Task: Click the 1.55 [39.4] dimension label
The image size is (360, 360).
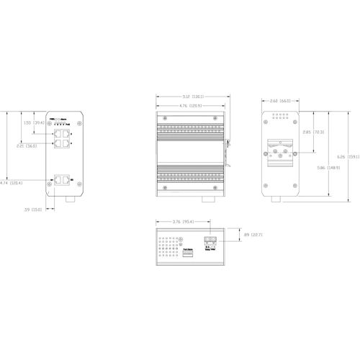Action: point(35,122)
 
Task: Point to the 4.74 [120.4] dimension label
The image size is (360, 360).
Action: point(11,183)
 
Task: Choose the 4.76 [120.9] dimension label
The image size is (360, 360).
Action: point(192,107)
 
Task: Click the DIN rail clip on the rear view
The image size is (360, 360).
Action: point(279,152)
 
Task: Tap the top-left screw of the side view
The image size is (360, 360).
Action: point(165,120)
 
